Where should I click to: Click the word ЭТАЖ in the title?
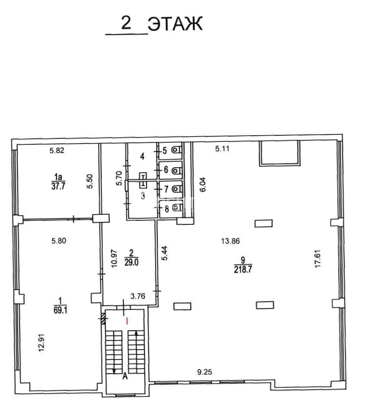tap(175, 24)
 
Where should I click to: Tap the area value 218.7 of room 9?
tap(242, 270)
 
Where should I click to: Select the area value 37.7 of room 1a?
tap(58, 186)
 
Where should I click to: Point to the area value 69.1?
tap(61, 310)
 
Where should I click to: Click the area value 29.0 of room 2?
tap(131, 262)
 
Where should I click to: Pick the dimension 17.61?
tap(317, 258)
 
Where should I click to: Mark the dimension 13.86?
tap(230, 241)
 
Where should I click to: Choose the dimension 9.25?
tap(204, 372)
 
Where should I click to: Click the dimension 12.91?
tap(41, 343)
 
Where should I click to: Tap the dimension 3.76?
tap(138, 296)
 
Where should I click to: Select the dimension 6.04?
tap(203, 185)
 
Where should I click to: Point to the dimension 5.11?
tap(222, 149)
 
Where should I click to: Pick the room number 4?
tap(142, 156)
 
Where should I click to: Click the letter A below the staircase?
tap(125, 376)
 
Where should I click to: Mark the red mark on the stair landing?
tap(127, 321)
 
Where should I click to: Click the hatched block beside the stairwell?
tap(104, 319)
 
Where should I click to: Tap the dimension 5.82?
tap(57, 150)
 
